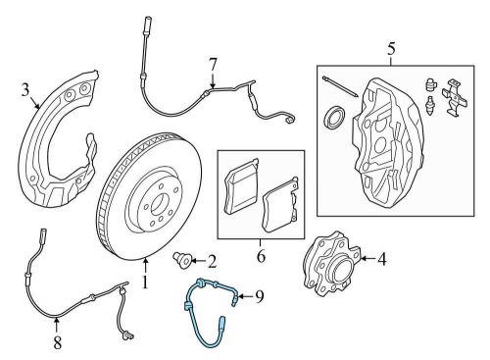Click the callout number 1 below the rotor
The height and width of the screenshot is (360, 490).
coord(144,286)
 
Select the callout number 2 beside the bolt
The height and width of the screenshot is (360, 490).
coord(211,260)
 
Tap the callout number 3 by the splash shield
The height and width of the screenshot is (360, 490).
coord(24,91)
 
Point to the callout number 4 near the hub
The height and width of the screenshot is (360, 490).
coord(382,259)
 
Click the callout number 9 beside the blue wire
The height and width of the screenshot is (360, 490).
coord(260,295)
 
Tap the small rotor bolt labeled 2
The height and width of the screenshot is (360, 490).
coord(180,259)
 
